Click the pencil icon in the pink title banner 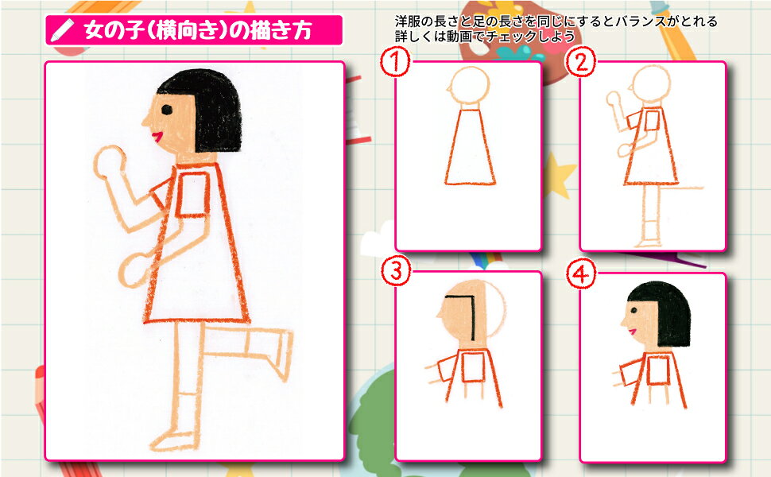63,30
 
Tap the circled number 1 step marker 395,62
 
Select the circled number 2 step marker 581,63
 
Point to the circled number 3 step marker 396,271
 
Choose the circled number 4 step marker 581,273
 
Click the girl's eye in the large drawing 167,109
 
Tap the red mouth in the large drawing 157,136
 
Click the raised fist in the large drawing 109,162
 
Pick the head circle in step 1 470,85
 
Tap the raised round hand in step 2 613,99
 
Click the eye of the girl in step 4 633,310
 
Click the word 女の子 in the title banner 114,30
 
